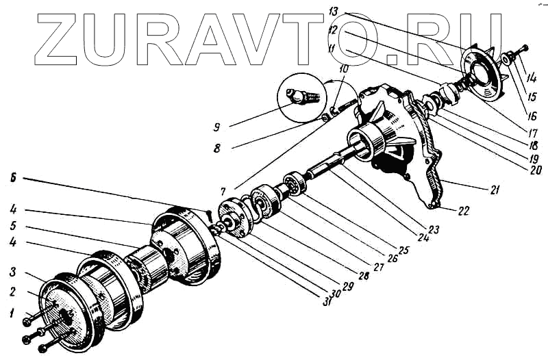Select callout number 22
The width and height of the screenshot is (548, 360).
(x=464, y=211)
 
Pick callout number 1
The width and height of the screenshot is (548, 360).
(x=11, y=314)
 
